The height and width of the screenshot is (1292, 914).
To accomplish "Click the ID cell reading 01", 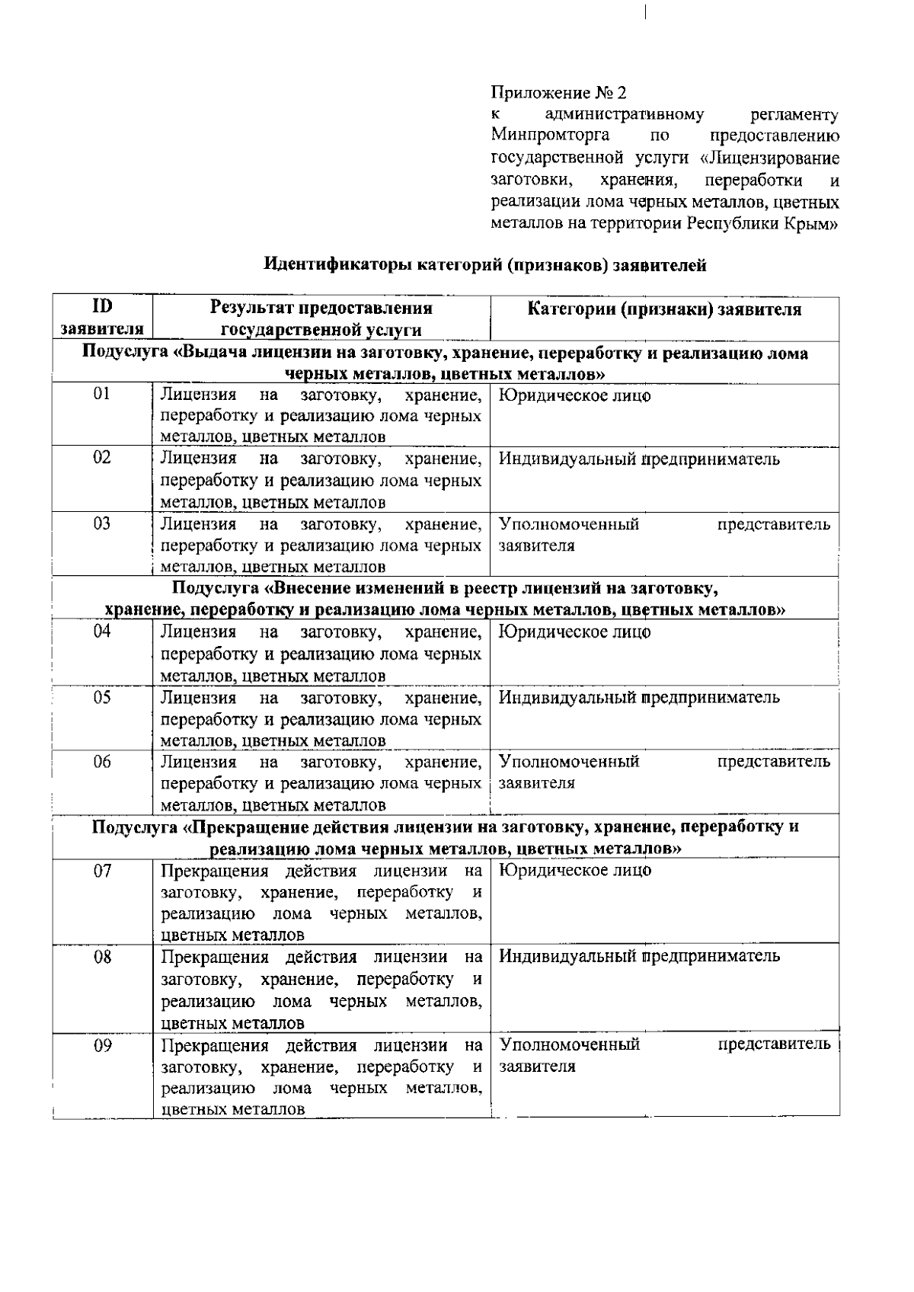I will pos(101,394).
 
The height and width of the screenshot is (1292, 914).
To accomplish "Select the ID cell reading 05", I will pos(101,697).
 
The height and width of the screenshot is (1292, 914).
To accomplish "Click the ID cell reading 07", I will pos(101,871).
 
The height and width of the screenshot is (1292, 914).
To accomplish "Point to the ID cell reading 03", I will pos(101,523).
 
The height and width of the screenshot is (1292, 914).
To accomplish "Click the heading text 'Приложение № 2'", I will pos(558,94).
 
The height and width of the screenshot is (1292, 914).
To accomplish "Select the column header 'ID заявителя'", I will pos(101,318).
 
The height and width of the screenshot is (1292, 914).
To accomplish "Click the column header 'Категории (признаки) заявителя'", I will pos(664,309).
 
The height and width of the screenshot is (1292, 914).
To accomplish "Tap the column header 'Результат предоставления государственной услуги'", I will pos(321,318).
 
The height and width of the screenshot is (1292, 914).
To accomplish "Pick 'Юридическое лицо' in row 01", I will pos(575,396).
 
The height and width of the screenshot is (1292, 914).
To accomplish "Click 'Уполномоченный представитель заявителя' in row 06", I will pos(664,772).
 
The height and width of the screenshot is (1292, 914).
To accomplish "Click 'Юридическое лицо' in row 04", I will pos(575,632).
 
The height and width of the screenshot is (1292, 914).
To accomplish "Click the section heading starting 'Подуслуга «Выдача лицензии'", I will pos(446,363).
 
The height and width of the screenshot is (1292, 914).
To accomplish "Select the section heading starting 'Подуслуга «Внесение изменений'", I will pos(446,600).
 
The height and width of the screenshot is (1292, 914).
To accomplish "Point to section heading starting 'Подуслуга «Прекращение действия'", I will pos(446,837).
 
